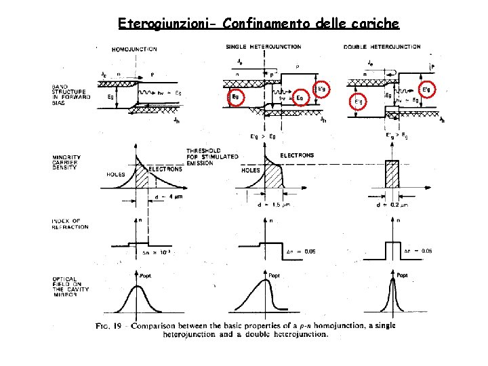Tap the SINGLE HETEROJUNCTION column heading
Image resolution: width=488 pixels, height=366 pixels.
(x=264, y=47)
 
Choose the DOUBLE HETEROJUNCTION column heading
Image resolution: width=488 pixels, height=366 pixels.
(x=382, y=47)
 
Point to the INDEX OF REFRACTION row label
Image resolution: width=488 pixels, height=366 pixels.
(x=70, y=224)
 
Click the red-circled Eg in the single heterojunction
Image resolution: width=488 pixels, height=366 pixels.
(x=236, y=97)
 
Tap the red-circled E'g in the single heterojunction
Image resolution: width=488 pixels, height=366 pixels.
(x=323, y=89)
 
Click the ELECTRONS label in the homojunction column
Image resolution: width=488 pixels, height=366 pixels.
(x=165, y=169)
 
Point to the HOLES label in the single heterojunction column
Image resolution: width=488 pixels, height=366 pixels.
(x=251, y=170)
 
